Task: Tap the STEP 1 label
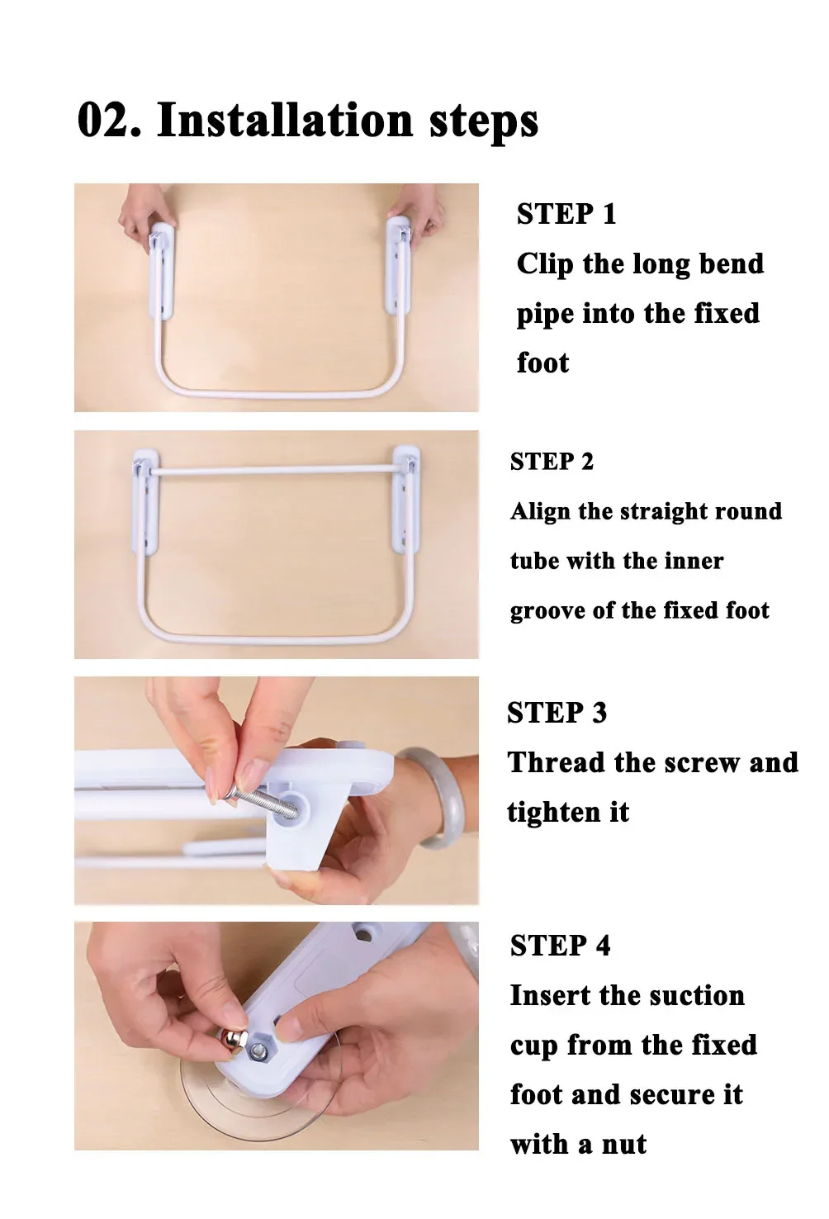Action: [x=566, y=213]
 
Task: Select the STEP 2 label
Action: [x=552, y=462]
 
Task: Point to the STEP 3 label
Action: [x=557, y=713]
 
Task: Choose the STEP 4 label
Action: [x=560, y=946]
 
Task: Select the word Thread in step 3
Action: [x=557, y=762]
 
